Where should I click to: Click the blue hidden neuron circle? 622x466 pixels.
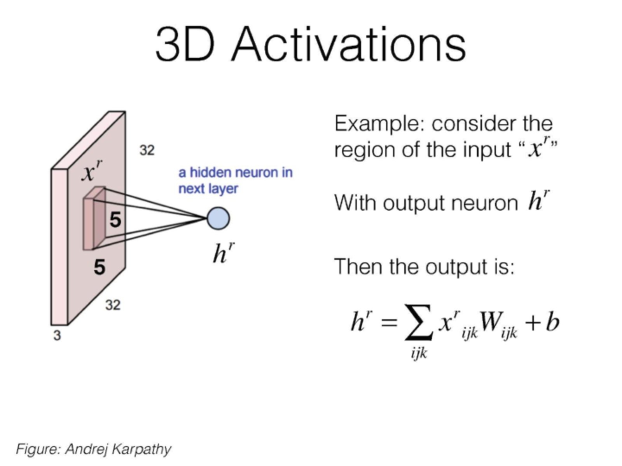click(218, 218)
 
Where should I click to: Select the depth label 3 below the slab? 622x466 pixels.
click(57, 336)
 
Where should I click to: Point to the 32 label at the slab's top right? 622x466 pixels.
click(147, 150)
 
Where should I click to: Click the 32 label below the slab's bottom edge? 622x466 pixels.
click(113, 305)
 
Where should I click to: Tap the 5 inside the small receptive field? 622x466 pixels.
click(115, 220)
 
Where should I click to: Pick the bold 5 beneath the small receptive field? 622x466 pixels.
click(100, 267)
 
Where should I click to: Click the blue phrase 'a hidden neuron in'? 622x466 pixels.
click(235, 172)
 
